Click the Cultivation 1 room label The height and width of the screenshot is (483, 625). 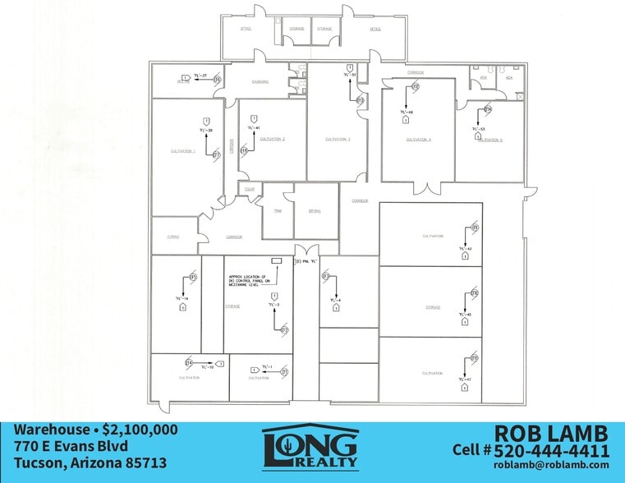click(182, 151)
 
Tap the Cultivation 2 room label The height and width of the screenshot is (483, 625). click(272, 139)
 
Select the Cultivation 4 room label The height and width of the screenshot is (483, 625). click(419, 140)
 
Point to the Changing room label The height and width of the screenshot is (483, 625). click(260, 82)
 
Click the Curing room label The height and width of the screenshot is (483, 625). click(173, 236)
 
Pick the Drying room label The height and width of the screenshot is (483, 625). click(315, 211)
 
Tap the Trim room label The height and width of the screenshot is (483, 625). click(278, 211)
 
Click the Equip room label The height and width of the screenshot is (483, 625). click(250, 190)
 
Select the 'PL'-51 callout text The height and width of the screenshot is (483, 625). click(350, 75)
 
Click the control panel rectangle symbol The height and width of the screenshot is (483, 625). click(276, 260)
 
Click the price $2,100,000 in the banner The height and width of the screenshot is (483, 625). click(140, 430)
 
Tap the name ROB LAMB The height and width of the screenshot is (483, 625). click(550, 434)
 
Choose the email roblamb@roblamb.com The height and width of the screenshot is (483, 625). click(551, 466)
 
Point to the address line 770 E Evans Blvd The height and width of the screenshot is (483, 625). click(71, 446)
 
